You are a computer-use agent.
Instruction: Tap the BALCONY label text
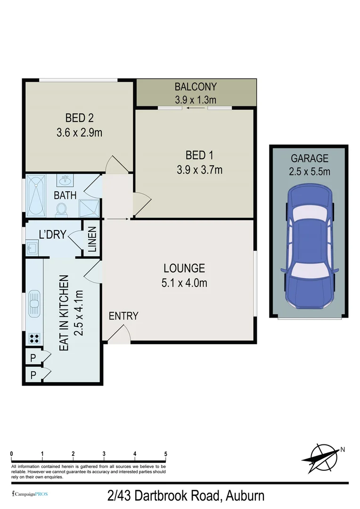[x=196, y=87]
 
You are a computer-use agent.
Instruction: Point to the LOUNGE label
[x=184, y=268]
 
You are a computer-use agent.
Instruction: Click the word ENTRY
[x=123, y=316]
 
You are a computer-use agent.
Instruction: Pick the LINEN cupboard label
[x=92, y=239]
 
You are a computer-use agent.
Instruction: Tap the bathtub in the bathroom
[x=36, y=195]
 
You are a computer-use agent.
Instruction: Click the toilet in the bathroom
[x=61, y=209]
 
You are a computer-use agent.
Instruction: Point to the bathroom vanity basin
[x=65, y=180]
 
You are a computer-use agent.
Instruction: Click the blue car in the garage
[x=309, y=247]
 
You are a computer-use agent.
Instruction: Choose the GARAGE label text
[x=310, y=159]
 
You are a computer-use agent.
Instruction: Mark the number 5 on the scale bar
[x=166, y=454]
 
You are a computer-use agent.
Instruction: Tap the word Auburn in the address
[x=245, y=496]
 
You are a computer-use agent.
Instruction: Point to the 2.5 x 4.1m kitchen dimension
[x=78, y=312]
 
